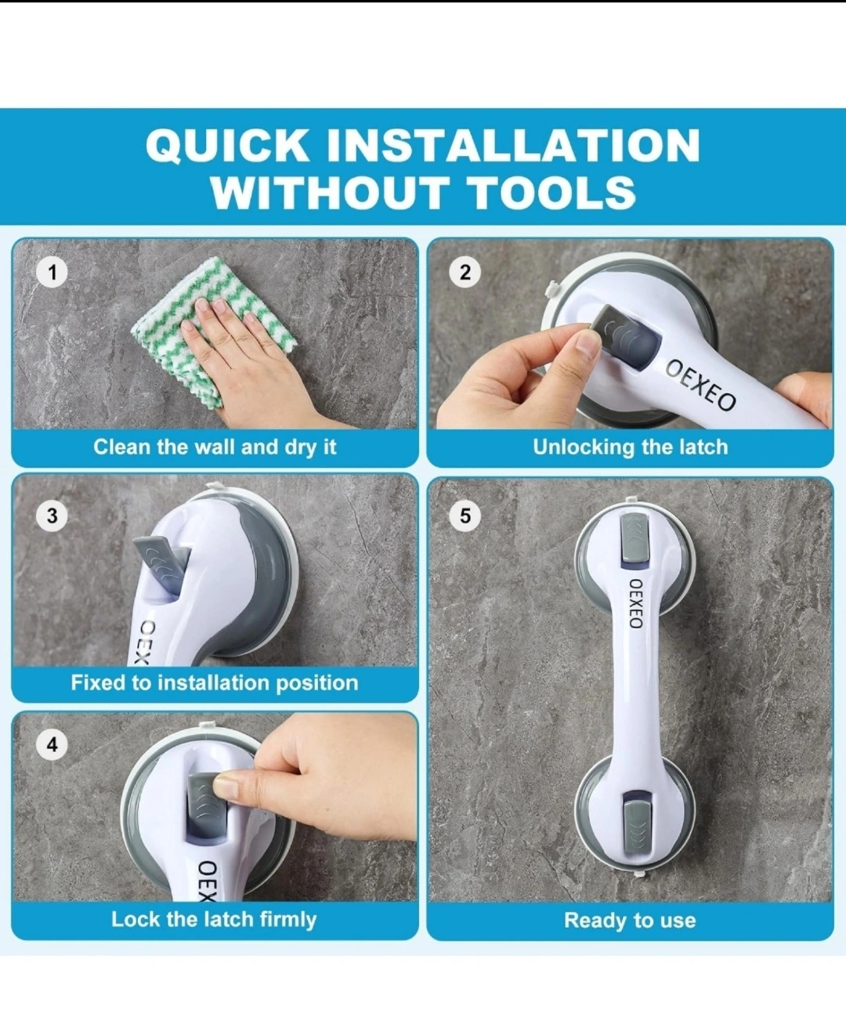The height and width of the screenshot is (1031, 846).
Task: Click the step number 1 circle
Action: [52, 273]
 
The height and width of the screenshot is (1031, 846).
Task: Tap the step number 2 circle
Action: [465, 273]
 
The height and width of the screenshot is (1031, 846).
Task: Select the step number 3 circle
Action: [52, 515]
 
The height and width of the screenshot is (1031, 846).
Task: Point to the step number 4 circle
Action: [52, 744]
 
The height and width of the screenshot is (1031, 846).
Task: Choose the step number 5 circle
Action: [465, 515]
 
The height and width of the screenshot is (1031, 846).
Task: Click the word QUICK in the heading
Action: [227, 146]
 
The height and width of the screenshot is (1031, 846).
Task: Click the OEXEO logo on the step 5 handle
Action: [635, 603]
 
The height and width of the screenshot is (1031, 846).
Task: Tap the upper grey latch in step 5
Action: [634, 537]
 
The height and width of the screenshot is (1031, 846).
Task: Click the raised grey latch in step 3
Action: [159, 557]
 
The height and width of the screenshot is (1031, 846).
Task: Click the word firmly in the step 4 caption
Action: [287, 920]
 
